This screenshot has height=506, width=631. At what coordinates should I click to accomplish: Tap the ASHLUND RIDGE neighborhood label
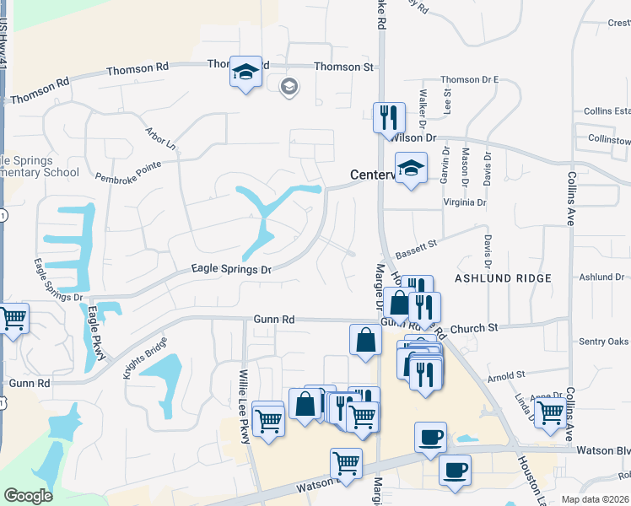pos(503,277)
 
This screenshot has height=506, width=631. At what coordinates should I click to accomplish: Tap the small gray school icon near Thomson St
pos(289,86)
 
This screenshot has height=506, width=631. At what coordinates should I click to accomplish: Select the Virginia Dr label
pos(465,202)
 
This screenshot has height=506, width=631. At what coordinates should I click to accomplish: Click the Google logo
pos(29,496)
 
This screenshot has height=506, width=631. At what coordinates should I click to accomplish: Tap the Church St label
pos(475,327)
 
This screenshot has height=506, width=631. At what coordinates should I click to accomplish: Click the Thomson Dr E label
pos(469,80)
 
